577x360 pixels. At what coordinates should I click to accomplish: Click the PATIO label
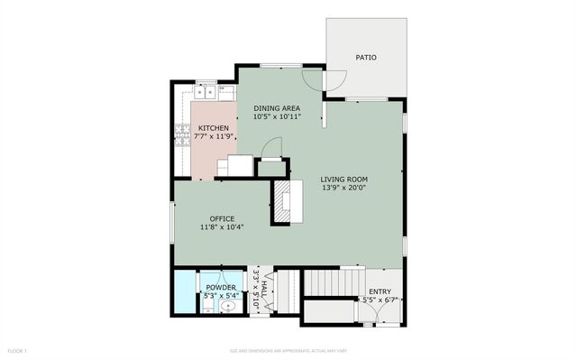click(x=366, y=58)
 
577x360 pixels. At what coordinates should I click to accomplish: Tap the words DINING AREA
click(x=277, y=106)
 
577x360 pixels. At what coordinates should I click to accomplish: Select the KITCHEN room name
click(x=214, y=128)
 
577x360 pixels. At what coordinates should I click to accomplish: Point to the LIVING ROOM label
click(x=344, y=180)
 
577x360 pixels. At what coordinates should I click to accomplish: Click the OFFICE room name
click(x=222, y=219)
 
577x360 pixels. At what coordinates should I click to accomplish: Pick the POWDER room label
click(x=220, y=287)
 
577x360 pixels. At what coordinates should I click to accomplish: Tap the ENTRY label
click(x=379, y=291)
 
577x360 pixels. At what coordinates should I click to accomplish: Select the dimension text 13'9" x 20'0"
click(x=344, y=189)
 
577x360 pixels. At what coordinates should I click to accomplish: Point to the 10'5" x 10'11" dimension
click(x=277, y=115)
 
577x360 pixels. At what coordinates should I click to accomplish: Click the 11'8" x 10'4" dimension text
click(x=222, y=227)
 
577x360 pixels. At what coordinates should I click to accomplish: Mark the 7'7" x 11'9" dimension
click(x=214, y=137)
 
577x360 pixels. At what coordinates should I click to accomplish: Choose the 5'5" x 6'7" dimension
click(x=379, y=300)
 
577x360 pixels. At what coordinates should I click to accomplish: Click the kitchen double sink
click(x=206, y=91)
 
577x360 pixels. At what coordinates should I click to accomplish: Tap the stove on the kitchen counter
click(x=179, y=135)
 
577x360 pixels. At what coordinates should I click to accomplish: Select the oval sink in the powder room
click(x=228, y=306)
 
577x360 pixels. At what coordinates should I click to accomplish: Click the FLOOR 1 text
click(x=17, y=349)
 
